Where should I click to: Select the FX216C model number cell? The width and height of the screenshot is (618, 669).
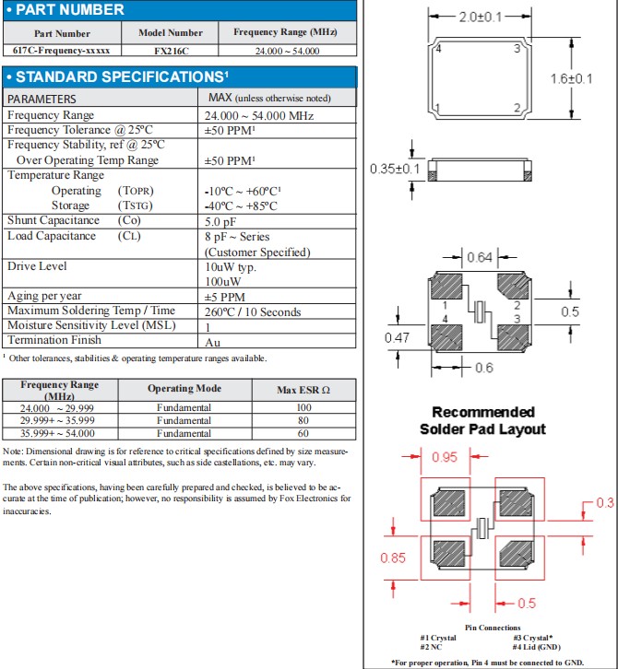point(170,49)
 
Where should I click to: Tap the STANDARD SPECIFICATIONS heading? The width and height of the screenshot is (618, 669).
point(116,76)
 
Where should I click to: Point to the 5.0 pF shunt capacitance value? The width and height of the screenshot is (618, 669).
point(221,221)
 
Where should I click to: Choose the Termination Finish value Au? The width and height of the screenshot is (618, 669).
point(212,341)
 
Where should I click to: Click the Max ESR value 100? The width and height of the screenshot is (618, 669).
point(303,407)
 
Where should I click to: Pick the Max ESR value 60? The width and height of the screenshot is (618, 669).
point(303,433)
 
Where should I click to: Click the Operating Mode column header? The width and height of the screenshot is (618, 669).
point(184,389)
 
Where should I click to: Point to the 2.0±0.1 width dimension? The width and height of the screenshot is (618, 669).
point(481,18)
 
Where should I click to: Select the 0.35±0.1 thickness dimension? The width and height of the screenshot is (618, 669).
point(394,169)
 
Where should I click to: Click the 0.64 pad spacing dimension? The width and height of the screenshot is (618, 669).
point(481,257)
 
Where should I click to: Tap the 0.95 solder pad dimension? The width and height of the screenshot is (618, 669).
point(446,456)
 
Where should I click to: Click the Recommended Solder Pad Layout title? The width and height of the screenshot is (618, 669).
point(483,420)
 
